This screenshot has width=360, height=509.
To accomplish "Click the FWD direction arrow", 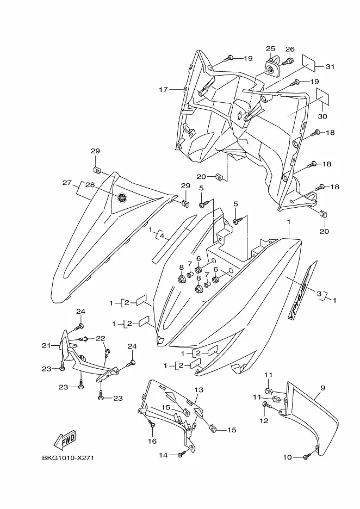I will [65, 439].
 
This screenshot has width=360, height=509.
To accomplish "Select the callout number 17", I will [164, 89].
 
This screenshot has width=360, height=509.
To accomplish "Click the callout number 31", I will [330, 67].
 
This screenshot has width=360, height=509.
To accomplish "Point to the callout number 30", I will [321, 116].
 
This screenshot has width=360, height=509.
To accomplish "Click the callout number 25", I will [270, 49].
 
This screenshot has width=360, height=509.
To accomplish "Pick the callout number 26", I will [290, 49].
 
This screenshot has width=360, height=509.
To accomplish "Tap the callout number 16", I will [153, 441].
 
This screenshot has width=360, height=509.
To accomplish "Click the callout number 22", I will [101, 338].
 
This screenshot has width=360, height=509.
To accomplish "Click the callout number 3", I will [319, 293].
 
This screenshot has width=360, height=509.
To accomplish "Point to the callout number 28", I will [90, 185].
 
